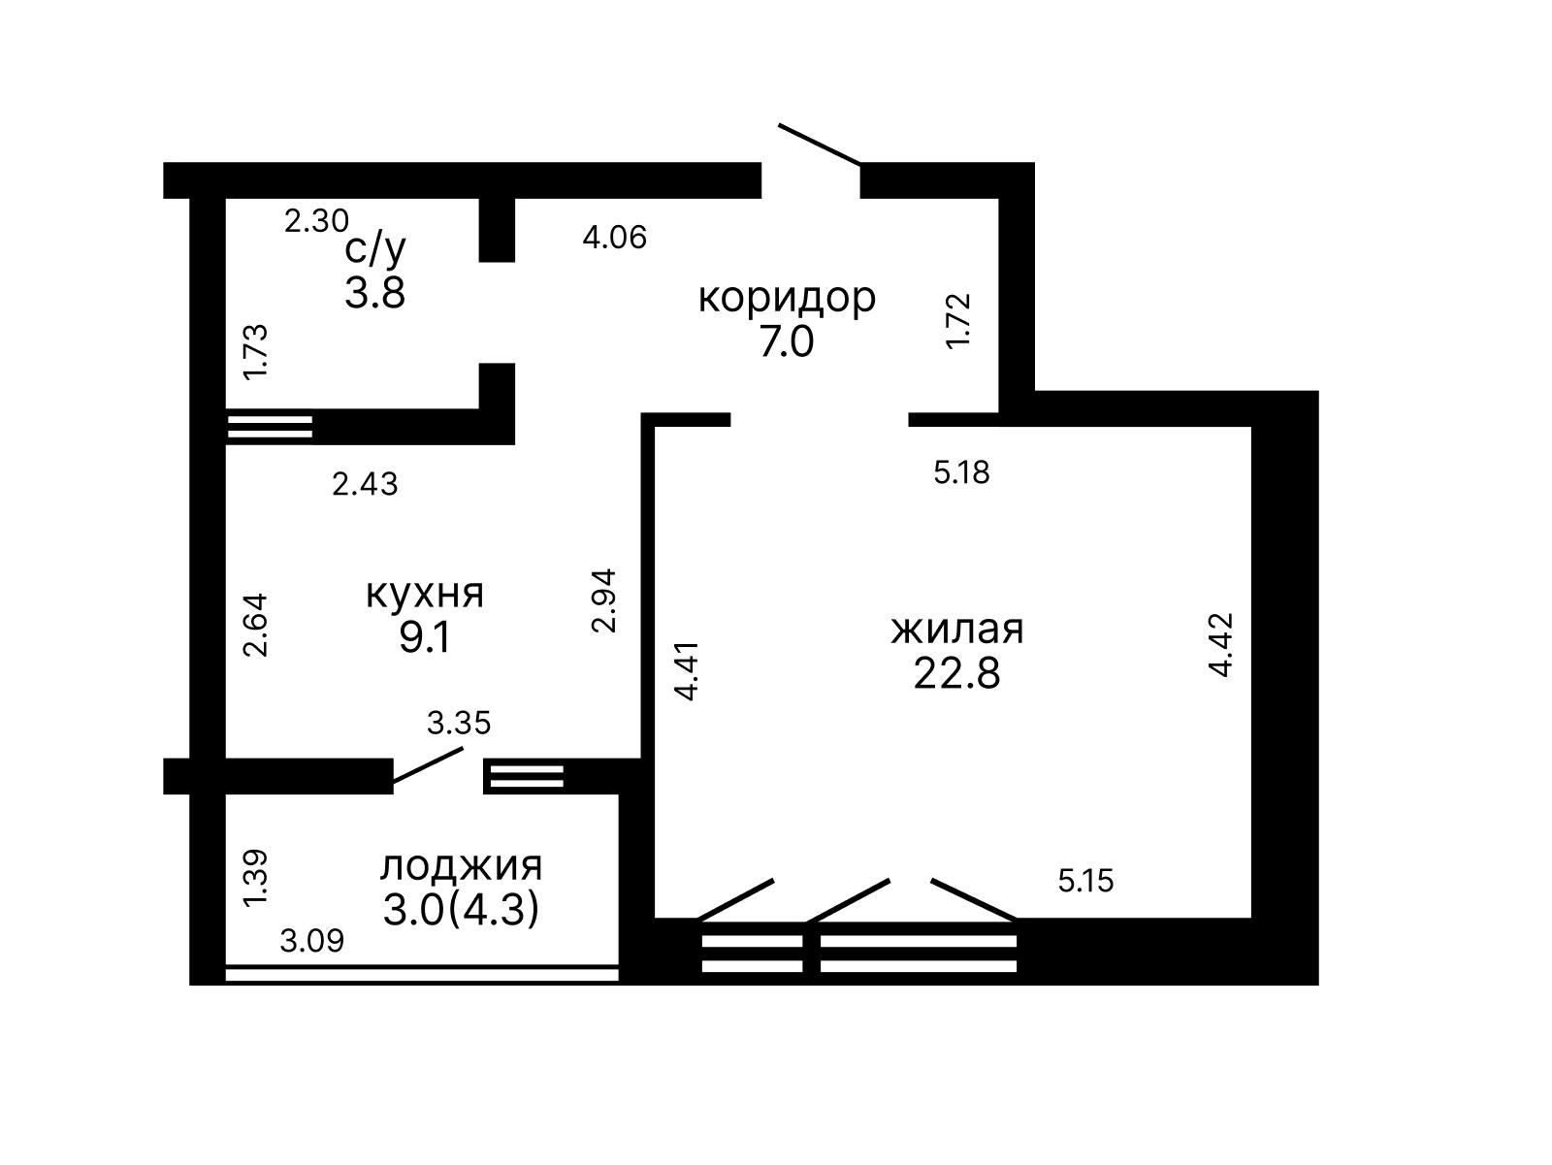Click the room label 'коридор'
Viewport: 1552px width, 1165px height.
(x=787, y=299)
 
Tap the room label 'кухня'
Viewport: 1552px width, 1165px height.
(x=425, y=596)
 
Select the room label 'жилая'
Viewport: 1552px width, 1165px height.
(x=957, y=630)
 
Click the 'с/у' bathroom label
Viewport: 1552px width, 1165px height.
(x=375, y=248)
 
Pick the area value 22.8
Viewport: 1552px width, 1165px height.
(x=956, y=673)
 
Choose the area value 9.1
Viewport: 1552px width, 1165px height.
(x=424, y=639)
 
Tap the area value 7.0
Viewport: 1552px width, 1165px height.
(x=787, y=342)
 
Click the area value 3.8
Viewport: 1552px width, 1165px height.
(x=374, y=293)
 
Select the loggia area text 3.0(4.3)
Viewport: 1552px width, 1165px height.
(x=461, y=911)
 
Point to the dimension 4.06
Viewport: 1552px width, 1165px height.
(x=614, y=238)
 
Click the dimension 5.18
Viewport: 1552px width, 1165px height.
(x=961, y=473)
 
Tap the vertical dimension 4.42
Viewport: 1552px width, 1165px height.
(x=1221, y=645)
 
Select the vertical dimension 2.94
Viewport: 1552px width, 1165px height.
(x=604, y=600)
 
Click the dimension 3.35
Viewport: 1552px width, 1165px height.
(x=459, y=724)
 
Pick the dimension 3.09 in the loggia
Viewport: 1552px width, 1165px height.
(x=311, y=941)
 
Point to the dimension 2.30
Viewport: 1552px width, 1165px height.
(x=316, y=220)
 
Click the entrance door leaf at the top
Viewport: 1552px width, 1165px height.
(x=820, y=145)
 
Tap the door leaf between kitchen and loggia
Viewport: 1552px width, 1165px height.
(x=428, y=765)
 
